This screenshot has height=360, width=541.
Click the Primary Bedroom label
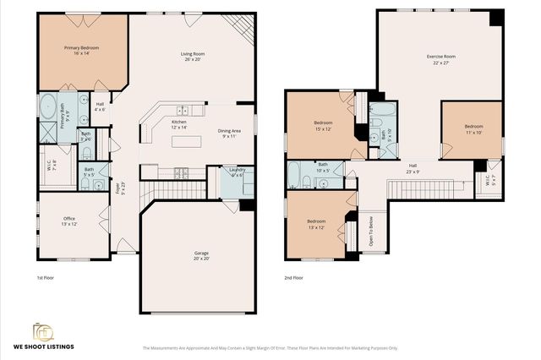82,52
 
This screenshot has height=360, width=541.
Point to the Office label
69,221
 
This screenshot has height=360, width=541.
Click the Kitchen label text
179,125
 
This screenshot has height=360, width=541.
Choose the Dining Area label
229,132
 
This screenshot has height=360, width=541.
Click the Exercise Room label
442,59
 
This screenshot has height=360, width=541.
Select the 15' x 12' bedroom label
323,125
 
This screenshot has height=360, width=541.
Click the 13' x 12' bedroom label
318,224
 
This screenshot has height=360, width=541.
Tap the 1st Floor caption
46,277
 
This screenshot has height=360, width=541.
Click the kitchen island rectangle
188,141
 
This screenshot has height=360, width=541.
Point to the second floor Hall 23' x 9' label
413,168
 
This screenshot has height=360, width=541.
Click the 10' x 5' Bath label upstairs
322,167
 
